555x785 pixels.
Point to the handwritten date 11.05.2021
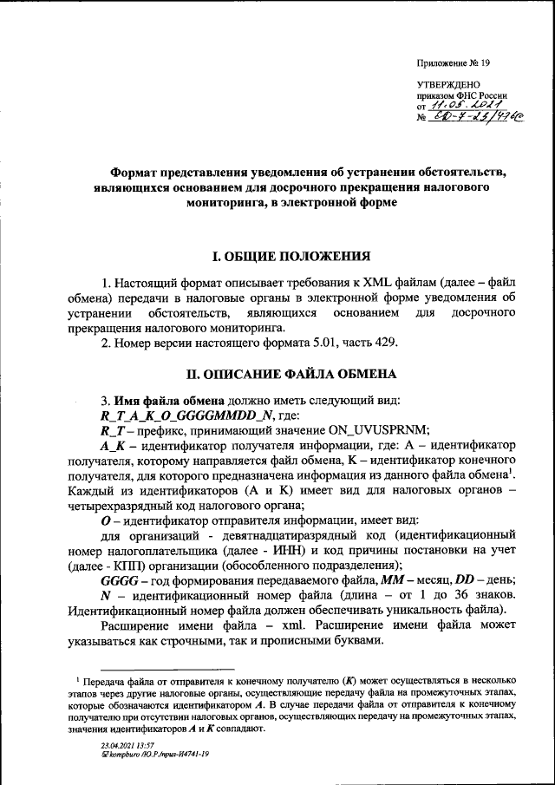click(x=464, y=105)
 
